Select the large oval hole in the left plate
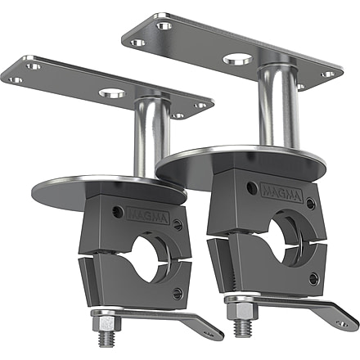point(112,93)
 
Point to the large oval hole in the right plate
point(238,60)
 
